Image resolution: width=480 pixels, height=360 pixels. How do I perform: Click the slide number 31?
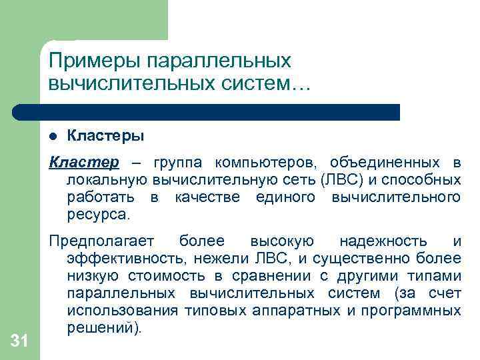pos(19,341)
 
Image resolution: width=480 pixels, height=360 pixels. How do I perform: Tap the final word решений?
pos(100,328)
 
